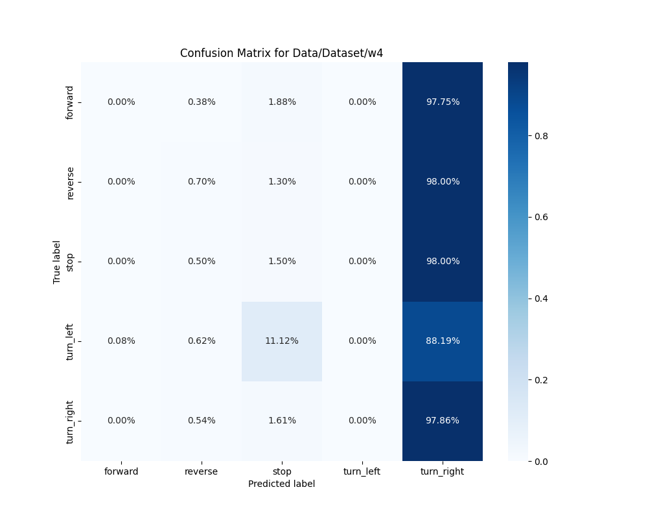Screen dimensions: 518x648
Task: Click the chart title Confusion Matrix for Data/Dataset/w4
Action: [x=281, y=53]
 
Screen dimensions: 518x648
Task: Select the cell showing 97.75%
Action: [x=443, y=102]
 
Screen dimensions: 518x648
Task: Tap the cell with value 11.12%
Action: [x=282, y=341]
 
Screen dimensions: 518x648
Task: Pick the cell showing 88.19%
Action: [x=443, y=341]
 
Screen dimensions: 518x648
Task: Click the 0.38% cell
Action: [x=202, y=102]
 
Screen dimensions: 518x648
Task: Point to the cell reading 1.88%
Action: [x=282, y=102]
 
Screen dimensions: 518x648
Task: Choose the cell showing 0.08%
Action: [x=121, y=341]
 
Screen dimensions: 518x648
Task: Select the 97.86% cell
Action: [x=443, y=420]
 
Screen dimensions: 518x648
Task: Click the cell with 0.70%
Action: [x=202, y=181]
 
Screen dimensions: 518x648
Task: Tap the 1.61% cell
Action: [x=282, y=420]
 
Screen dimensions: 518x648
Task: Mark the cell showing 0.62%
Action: [x=202, y=341]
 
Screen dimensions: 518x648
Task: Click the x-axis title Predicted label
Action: [x=281, y=484]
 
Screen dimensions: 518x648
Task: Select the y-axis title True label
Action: [x=57, y=262]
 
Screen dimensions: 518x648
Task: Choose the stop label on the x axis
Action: [x=282, y=471]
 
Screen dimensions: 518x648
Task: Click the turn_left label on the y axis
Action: [x=70, y=341]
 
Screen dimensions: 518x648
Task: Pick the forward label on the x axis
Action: [x=121, y=471]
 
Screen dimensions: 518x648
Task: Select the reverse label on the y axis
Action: [x=70, y=182]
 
